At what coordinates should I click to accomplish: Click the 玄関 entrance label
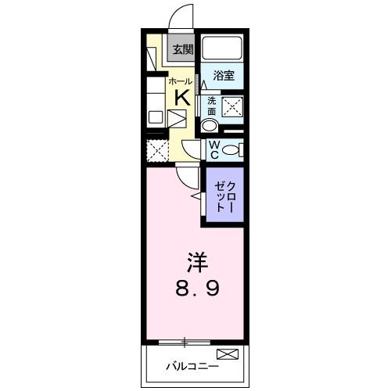[x=183, y=49]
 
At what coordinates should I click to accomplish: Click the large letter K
[x=181, y=98]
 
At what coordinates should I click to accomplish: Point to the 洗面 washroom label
[x=211, y=106]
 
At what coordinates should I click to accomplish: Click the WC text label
[x=212, y=148]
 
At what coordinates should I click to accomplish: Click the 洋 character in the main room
[x=196, y=260]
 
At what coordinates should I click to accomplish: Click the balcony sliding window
[x=184, y=342]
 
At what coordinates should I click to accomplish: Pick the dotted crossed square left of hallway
[x=156, y=149]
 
